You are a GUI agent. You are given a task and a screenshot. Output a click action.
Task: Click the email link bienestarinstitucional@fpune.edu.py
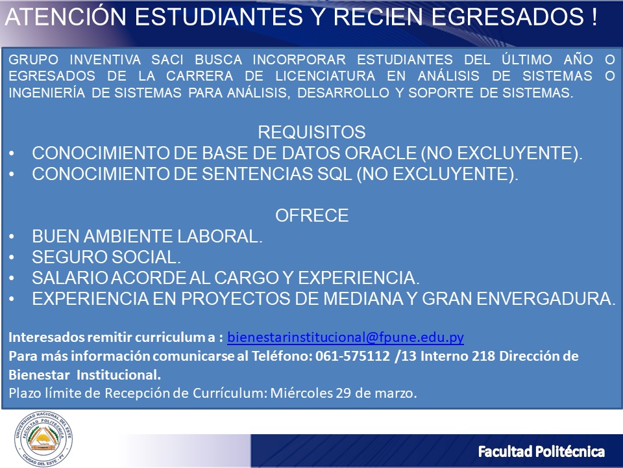pos(345,337)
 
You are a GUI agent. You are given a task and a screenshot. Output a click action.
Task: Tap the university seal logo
pos(43,439)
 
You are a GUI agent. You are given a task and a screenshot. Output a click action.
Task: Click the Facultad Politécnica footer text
pos(541,452)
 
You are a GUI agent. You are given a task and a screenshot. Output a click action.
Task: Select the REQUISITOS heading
pos(311,132)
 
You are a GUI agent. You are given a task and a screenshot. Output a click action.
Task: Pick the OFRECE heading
pos(312,215)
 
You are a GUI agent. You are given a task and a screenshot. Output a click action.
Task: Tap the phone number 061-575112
pos(352,356)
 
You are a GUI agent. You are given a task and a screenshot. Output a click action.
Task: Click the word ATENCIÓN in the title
pos(66,17)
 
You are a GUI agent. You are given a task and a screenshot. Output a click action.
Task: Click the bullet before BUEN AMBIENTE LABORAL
pos(12,237)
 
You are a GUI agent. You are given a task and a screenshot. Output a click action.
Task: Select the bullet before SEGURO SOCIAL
pos(12,257)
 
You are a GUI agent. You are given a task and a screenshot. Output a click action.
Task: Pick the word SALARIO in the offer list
pos(70,278)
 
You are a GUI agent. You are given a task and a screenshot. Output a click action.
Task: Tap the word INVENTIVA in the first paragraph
pos(105,60)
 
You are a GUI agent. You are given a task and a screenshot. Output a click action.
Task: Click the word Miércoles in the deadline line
pos(301,393)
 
